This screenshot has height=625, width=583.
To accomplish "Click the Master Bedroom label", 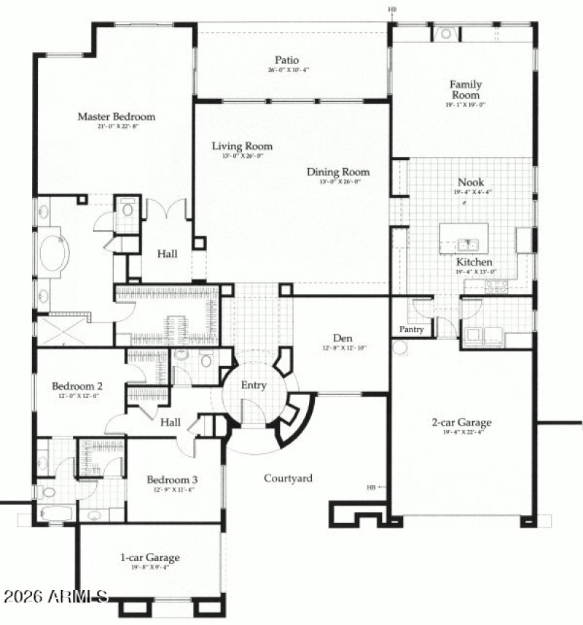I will (x=116, y=116).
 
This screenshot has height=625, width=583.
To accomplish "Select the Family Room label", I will (x=465, y=90).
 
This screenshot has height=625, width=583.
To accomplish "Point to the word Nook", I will (x=470, y=183).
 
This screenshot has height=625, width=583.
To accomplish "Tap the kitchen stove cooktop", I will (x=496, y=286).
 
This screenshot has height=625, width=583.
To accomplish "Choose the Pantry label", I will (x=411, y=330).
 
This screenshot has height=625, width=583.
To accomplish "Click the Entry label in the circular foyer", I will (x=254, y=386).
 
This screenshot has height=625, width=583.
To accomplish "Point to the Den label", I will (x=343, y=338).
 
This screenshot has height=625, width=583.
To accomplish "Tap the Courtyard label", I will (x=288, y=478).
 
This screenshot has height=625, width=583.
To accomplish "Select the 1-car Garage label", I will (x=149, y=558).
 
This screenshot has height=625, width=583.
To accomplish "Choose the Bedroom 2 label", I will (x=77, y=386).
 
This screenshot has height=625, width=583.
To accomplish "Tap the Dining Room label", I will (x=337, y=172).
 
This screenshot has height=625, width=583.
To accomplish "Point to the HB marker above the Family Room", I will (x=392, y=9).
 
